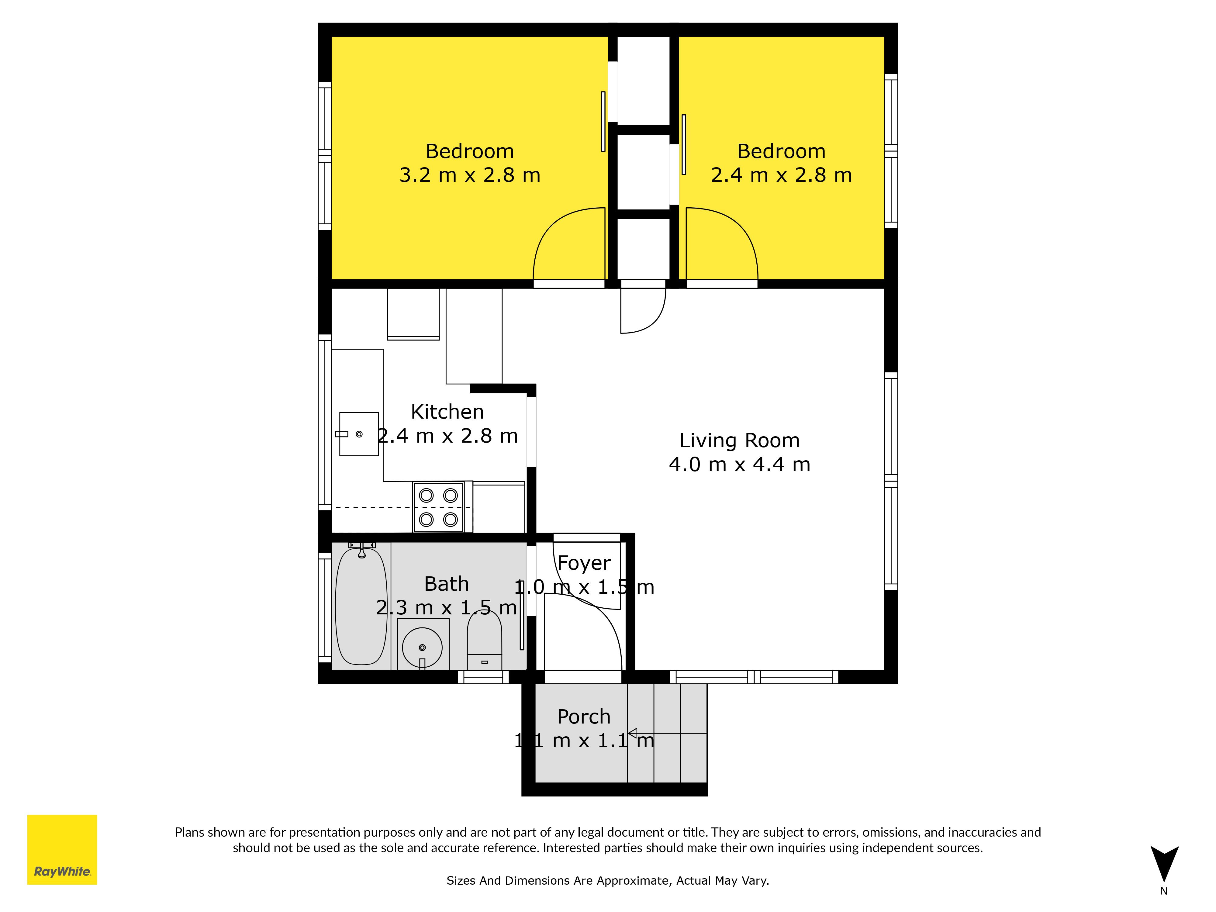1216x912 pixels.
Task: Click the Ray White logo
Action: (x=62, y=849)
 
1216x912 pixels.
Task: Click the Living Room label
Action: (x=739, y=440)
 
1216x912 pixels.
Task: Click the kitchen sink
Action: (x=359, y=434)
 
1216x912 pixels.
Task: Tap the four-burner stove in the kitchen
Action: (x=438, y=507)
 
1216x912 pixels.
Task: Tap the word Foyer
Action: (x=584, y=563)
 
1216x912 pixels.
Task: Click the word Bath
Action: (x=446, y=584)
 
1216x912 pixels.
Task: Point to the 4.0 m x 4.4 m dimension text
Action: (x=739, y=465)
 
